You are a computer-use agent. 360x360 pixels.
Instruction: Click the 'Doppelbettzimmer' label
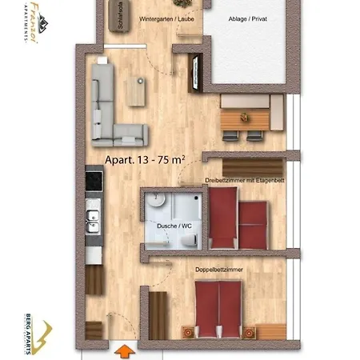click(219, 270)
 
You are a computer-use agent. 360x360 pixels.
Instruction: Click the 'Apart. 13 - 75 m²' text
click(145, 160)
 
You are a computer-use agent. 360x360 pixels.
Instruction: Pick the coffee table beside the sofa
click(138, 89)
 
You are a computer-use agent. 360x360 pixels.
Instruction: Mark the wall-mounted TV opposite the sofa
click(191, 74)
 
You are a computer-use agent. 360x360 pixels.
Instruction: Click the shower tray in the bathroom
click(190, 204)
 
